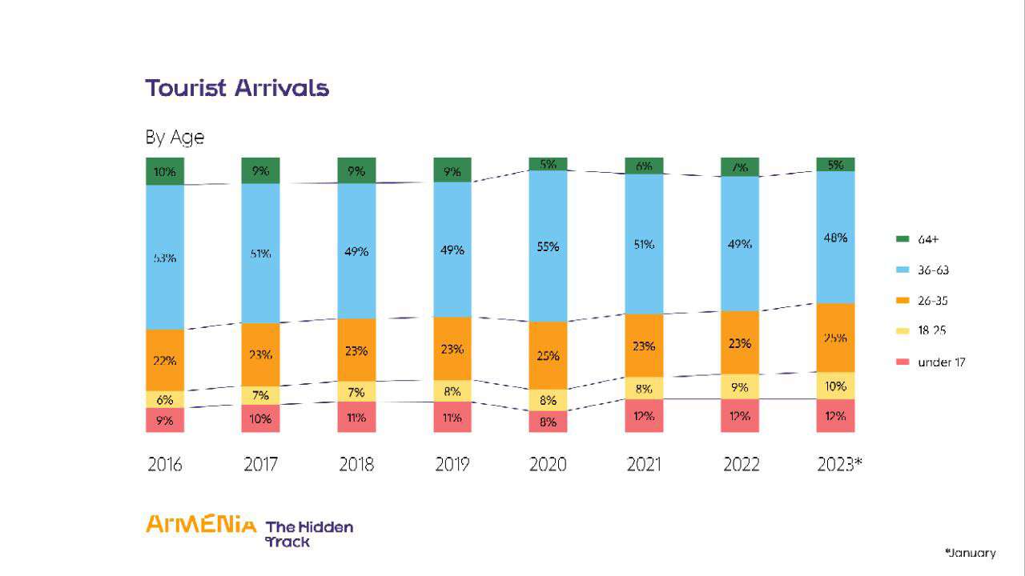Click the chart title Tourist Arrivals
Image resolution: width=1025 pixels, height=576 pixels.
point(237,87)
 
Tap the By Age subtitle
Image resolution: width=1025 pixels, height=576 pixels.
point(175,138)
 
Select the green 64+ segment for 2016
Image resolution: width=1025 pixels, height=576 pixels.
point(165,171)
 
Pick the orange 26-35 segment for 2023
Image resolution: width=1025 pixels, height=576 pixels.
point(835,338)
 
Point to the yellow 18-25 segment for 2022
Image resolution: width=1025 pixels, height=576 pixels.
point(740,387)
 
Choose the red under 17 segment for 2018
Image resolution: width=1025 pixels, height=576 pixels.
point(356,417)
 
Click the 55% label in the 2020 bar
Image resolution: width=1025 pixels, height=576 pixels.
point(548,247)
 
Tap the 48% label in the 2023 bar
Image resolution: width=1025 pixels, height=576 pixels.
point(835,238)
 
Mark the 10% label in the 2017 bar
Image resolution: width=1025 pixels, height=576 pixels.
point(260,418)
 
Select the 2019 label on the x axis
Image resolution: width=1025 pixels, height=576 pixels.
point(452,465)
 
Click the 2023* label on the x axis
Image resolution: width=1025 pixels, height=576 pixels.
point(839,465)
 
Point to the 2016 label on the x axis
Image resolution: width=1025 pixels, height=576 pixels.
point(165,465)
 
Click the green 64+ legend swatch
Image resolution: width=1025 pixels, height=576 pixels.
point(902,239)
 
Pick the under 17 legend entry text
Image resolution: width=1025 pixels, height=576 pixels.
point(941,362)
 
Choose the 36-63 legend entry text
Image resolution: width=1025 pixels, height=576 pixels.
point(933,270)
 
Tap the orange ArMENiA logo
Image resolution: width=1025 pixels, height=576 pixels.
point(201,525)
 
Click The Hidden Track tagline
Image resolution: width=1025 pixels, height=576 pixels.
point(308,534)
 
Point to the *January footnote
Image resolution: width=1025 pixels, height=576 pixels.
point(971,553)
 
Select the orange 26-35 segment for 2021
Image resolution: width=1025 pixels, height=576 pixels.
point(644,346)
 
